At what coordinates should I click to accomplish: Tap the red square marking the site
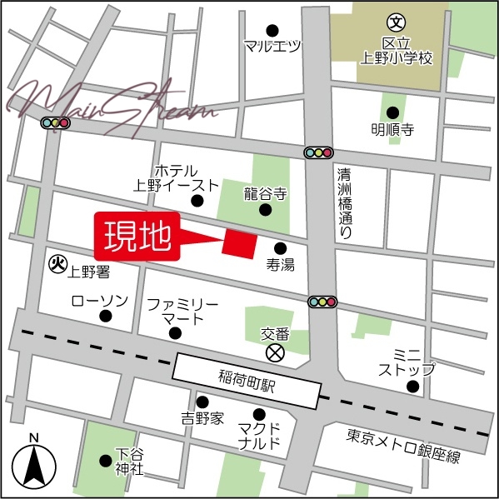click(x=238, y=242)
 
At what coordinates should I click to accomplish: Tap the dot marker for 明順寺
click(x=392, y=113)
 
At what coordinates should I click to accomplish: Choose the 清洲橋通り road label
click(x=345, y=204)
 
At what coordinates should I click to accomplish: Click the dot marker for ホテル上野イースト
click(x=197, y=201)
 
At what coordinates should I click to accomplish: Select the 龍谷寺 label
click(x=265, y=193)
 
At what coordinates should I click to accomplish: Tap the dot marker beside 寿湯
click(x=280, y=247)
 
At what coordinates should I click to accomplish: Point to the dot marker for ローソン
click(x=106, y=316)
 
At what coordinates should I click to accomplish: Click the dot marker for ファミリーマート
click(x=175, y=333)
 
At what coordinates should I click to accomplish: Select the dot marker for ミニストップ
click(x=412, y=386)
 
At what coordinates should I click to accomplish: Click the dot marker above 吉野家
click(x=202, y=402)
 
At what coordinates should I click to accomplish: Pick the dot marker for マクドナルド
click(x=260, y=414)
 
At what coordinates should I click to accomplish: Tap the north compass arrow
click(x=33, y=467)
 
